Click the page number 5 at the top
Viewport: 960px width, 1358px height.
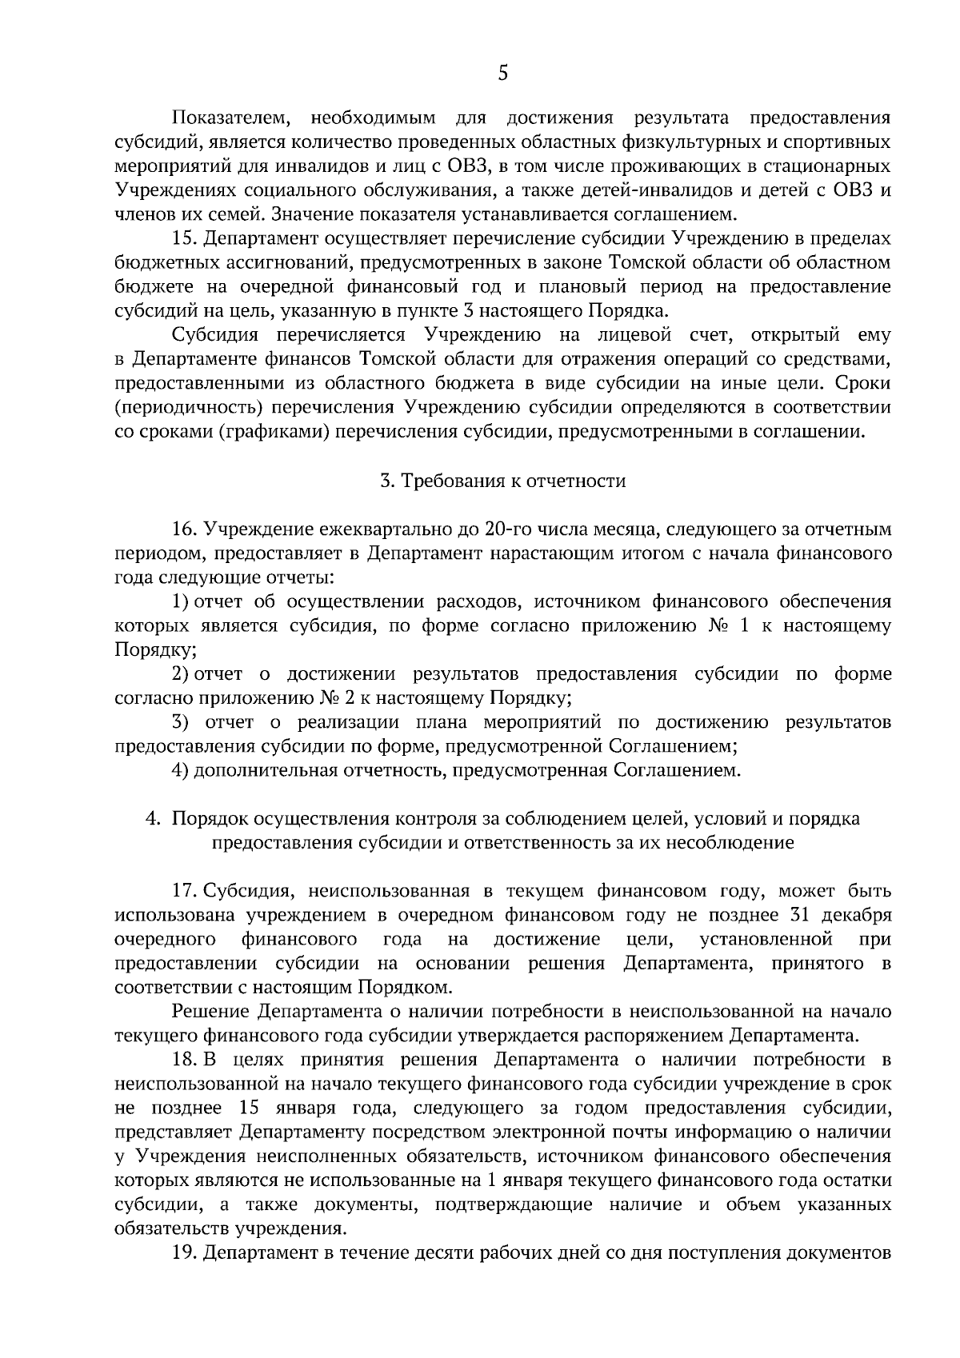pos(502,74)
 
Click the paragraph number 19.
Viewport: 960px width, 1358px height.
pos(184,1252)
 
